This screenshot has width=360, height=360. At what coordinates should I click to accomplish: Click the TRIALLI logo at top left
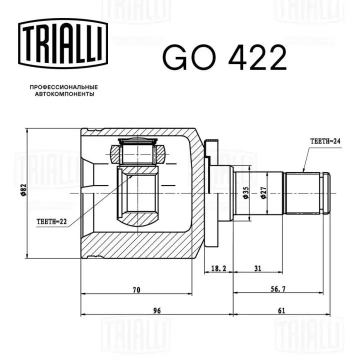(63, 43)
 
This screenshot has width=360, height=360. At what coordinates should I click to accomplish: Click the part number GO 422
(225, 57)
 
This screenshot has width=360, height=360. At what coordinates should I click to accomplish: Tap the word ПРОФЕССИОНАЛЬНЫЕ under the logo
(64, 87)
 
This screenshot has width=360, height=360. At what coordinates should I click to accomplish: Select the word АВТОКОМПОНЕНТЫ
(64, 94)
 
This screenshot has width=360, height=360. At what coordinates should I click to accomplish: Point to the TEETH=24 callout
(325, 141)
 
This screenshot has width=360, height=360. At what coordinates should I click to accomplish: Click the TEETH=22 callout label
(52, 221)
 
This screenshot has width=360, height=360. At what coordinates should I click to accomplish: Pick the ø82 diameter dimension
(23, 190)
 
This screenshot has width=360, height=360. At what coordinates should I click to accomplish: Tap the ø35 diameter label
(245, 193)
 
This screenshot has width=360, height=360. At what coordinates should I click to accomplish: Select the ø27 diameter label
(263, 193)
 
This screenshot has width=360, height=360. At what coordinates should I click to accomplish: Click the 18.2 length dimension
(218, 268)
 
